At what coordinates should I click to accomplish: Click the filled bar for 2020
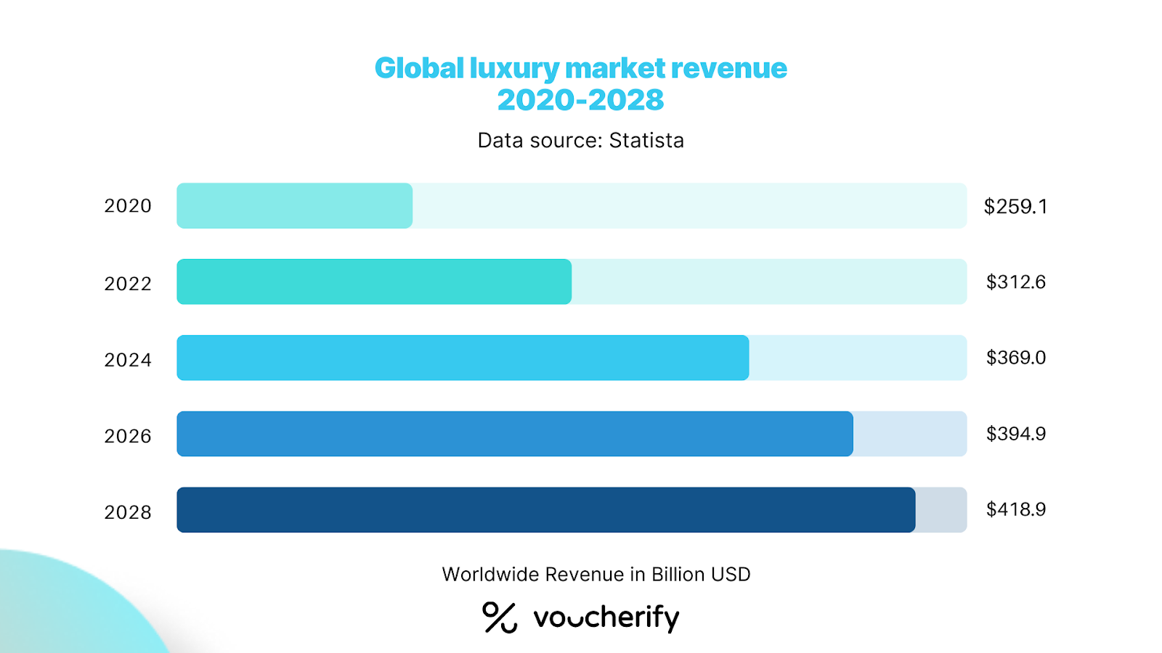[x=294, y=206]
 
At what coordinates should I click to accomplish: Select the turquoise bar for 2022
[x=374, y=282]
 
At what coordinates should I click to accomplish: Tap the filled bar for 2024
[x=463, y=358]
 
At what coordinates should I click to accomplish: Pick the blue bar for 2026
[x=515, y=434]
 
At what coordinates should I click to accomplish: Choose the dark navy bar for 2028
[x=546, y=510]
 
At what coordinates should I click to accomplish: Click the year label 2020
[x=128, y=206]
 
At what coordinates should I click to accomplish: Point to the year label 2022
[x=128, y=284]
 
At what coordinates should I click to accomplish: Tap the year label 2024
[x=128, y=360]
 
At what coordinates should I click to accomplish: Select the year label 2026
[x=128, y=436]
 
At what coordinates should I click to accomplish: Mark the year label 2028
[x=128, y=512]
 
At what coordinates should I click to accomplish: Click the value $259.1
[x=1015, y=207]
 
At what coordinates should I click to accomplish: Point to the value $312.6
[x=1015, y=282]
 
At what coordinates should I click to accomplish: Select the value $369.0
[x=1015, y=358]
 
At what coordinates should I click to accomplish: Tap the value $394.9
[x=1015, y=434]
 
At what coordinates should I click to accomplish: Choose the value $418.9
[x=1015, y=509]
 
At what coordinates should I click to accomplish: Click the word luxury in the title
[x=514, y=69]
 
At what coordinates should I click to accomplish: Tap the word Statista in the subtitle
[x=646, y=140]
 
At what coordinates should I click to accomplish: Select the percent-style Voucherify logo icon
[x=500, y=617]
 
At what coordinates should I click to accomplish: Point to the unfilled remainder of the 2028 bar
[x=940, y=510]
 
